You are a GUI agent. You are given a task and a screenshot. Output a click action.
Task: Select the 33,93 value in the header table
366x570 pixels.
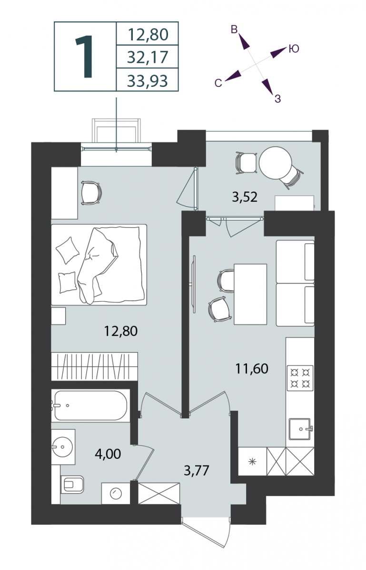[148, 81]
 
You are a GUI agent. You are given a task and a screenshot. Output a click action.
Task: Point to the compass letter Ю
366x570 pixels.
[294, 48]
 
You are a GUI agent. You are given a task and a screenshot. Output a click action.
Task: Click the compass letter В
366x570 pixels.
[234, 29]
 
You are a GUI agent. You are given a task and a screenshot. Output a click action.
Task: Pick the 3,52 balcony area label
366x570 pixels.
[245, 197]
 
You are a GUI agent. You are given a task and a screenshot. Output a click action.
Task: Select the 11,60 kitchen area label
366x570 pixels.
[251, 369]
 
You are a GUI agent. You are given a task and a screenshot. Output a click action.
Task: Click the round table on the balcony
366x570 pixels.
[275, 163]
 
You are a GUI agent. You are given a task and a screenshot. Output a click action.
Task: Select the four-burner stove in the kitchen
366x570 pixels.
[300, 378]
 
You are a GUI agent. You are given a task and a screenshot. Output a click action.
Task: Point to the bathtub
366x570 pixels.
[90, 406]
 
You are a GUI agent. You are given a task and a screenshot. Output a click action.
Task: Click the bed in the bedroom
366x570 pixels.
[99, 265]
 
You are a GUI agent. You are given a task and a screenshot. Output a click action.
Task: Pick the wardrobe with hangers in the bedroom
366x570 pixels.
[94, 366]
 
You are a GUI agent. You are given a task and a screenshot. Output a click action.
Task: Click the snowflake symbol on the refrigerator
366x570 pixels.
[252, 461]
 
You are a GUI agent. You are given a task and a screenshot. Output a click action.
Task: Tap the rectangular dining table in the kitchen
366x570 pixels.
[250, 294]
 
